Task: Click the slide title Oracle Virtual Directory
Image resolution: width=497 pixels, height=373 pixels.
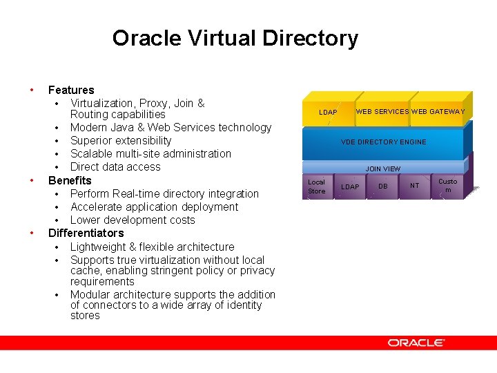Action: tap(235, 38)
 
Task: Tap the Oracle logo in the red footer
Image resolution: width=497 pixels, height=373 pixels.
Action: tap(416, 343)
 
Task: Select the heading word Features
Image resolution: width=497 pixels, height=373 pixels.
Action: tap(71, 90)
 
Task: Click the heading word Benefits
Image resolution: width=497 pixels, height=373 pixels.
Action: tap(70, 180)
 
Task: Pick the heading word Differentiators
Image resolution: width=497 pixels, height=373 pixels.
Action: tap(86, 233)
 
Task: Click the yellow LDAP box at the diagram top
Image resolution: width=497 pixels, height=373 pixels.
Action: tap(328, 112)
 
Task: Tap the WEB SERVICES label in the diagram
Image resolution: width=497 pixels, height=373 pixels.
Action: tap(382, 111)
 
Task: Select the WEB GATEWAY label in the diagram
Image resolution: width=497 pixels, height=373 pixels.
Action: tap(438, 111)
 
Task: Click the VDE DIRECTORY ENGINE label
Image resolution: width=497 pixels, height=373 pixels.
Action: tap(383, 142)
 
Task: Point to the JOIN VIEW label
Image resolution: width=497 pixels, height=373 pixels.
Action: tap(382, 169)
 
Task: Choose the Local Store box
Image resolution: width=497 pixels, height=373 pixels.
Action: tap(316, 186)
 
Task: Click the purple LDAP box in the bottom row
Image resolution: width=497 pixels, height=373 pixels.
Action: tap(350, 186)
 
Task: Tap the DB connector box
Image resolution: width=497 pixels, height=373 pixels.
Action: tap(382, 186)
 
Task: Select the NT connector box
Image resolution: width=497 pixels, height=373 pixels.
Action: tap(414, 186)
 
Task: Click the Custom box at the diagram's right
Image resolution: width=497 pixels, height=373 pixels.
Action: tap(447, 186)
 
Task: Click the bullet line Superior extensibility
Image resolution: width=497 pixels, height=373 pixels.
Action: tap(121, 140)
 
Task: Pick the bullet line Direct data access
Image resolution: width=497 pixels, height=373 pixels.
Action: tap(115, 166)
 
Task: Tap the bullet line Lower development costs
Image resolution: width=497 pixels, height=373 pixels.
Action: tap(133, 220)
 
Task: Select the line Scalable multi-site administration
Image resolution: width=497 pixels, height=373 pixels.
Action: tap(150, 153)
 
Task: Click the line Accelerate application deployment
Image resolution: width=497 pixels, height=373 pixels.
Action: tap(154, 207)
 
